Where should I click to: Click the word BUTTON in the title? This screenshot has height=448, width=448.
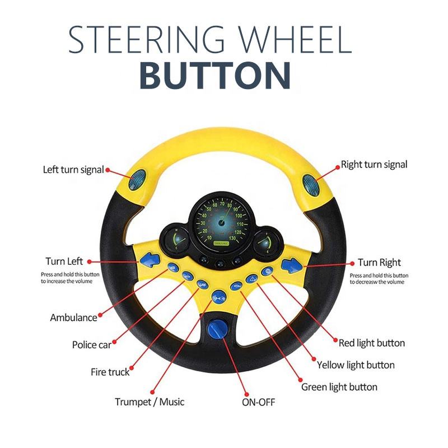(215, 76)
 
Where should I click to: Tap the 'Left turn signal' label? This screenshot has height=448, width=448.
(73, 170)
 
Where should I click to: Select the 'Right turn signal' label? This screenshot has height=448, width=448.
(374, 165)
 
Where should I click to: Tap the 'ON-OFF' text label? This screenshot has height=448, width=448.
(258, 402)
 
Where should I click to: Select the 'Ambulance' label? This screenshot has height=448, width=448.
(73, 318)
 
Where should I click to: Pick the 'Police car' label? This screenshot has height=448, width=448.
(92, 345)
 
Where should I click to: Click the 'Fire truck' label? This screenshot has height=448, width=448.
(110, 372)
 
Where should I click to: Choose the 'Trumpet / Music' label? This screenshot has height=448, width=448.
(150, 402)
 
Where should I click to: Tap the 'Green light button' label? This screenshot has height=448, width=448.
(339, 387)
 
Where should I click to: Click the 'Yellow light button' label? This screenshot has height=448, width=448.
(356, 365)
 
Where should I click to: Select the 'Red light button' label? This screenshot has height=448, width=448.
(372, 342)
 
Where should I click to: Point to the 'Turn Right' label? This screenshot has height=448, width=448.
(380, 262)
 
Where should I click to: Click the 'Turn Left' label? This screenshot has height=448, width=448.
(64, 262)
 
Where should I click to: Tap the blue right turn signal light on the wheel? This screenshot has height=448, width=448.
(309, 182)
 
